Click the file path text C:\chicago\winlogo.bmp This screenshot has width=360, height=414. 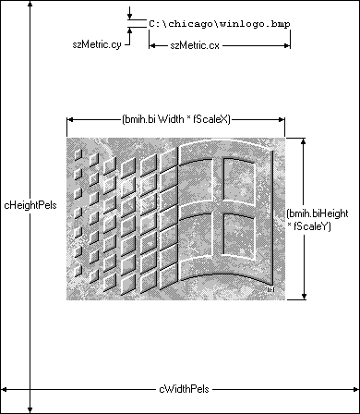point(220,24)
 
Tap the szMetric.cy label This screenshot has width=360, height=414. point(97,44)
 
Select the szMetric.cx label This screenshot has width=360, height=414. point(195,45)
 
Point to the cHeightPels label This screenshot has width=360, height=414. point(30,205)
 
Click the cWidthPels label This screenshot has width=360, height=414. point(184,389)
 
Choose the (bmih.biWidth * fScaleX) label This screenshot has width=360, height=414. point(176,119)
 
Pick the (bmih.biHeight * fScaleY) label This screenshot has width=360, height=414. point(318,220)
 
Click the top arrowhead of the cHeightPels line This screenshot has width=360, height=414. point(30,4)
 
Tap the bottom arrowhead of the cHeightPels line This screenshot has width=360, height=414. point(30,409)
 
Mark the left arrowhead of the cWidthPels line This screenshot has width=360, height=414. point(4,390)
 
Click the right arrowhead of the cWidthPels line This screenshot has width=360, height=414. point(355,390)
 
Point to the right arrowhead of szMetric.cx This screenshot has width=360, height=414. point(287,46)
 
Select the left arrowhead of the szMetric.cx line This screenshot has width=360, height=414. point(152,46)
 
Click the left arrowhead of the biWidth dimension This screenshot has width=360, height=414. point(70,119)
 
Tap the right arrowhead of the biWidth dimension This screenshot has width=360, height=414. point(282,119)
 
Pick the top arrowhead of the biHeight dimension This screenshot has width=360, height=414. point(304,141)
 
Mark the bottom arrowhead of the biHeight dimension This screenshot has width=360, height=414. point(304,297)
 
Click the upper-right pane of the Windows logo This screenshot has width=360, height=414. point(239,180)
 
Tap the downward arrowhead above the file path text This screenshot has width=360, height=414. point(130,17)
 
